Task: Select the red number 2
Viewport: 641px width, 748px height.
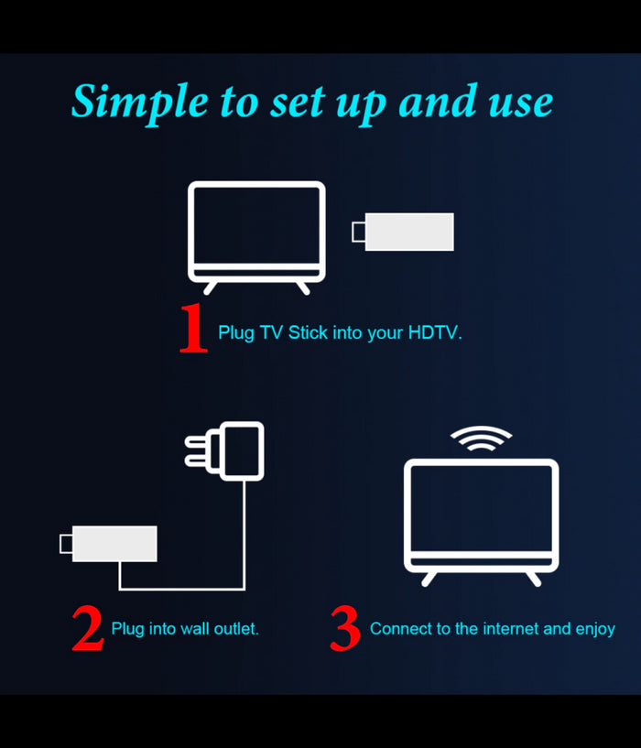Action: coord(87,629)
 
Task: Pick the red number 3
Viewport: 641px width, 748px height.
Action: coord(345,629)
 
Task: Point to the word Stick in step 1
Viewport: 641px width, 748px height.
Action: coord(309,333)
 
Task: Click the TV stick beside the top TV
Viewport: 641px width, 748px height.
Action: coord(409,232)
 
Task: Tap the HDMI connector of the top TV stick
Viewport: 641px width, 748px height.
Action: coord(358,233)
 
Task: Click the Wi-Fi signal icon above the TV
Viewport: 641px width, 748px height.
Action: coord(481,439)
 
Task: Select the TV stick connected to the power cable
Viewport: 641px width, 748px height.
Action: coord(114,544)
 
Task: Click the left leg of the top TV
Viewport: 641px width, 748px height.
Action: coord(211,287)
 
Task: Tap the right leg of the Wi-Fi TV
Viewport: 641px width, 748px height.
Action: coord(533,578)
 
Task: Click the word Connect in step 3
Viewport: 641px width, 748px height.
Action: coord(400,629)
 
